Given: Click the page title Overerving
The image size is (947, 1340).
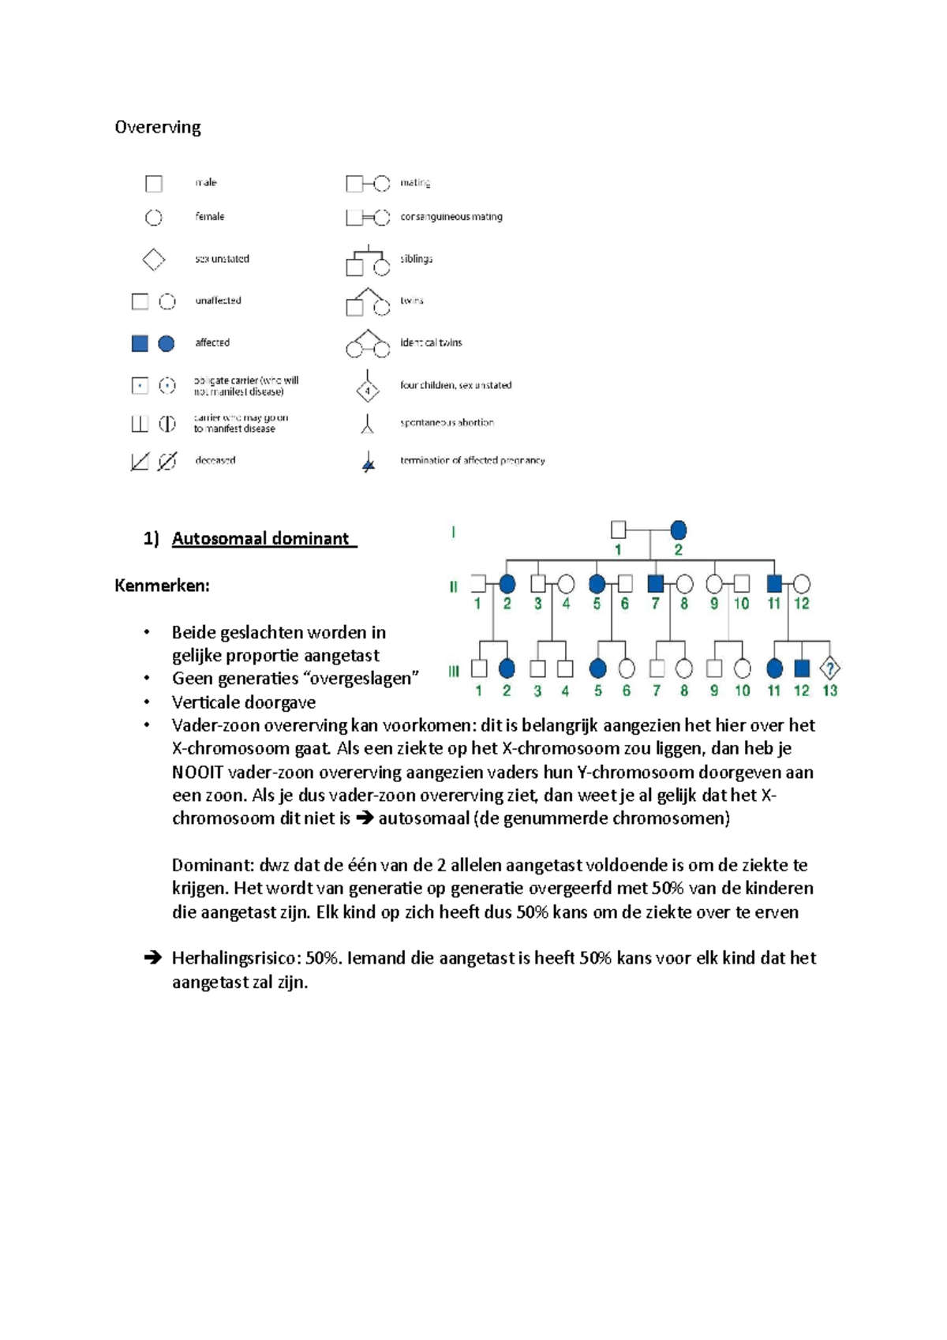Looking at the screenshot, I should (x=158, y=127).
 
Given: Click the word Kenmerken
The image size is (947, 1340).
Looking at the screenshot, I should (x=161, y=586).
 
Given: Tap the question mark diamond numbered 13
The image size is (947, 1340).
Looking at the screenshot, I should (x=829, y=668).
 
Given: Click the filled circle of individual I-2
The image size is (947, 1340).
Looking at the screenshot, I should (x=678, y=530).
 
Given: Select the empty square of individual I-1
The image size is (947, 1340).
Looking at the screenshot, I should (x=619, y=530).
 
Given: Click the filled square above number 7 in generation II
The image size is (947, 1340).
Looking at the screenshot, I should (x=655, y=584).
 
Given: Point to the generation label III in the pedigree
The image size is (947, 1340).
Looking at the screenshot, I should (x=454, y=672).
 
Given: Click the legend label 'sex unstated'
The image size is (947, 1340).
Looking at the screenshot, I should (x=222, y=259).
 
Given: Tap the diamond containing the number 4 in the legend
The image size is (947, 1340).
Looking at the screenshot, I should (x=367, y=391).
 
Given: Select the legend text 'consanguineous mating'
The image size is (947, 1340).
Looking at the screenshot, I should (x=451, y=216).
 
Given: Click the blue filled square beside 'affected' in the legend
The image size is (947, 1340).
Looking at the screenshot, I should (x=140, y=343).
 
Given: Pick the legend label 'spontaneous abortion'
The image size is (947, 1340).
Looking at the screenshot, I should (x=447, y=422).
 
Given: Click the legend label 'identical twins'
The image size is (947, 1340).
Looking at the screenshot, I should (x=431, y=342).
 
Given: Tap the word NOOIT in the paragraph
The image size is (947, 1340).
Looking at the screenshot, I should (x=197, y=772).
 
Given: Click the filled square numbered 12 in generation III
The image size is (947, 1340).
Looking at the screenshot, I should (x=802, y=668).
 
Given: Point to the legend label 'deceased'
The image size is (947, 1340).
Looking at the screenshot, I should (x=215, y=460).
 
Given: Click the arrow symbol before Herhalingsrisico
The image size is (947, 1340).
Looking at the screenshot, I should (x=152, y=958).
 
